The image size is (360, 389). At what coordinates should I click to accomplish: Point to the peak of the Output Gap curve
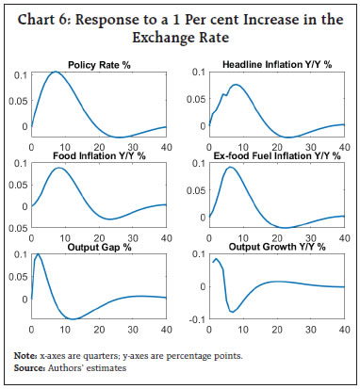(38, 254)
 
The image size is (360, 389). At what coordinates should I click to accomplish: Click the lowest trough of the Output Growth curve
(233, 311)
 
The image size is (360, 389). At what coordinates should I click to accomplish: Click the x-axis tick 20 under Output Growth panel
(275, 331)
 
